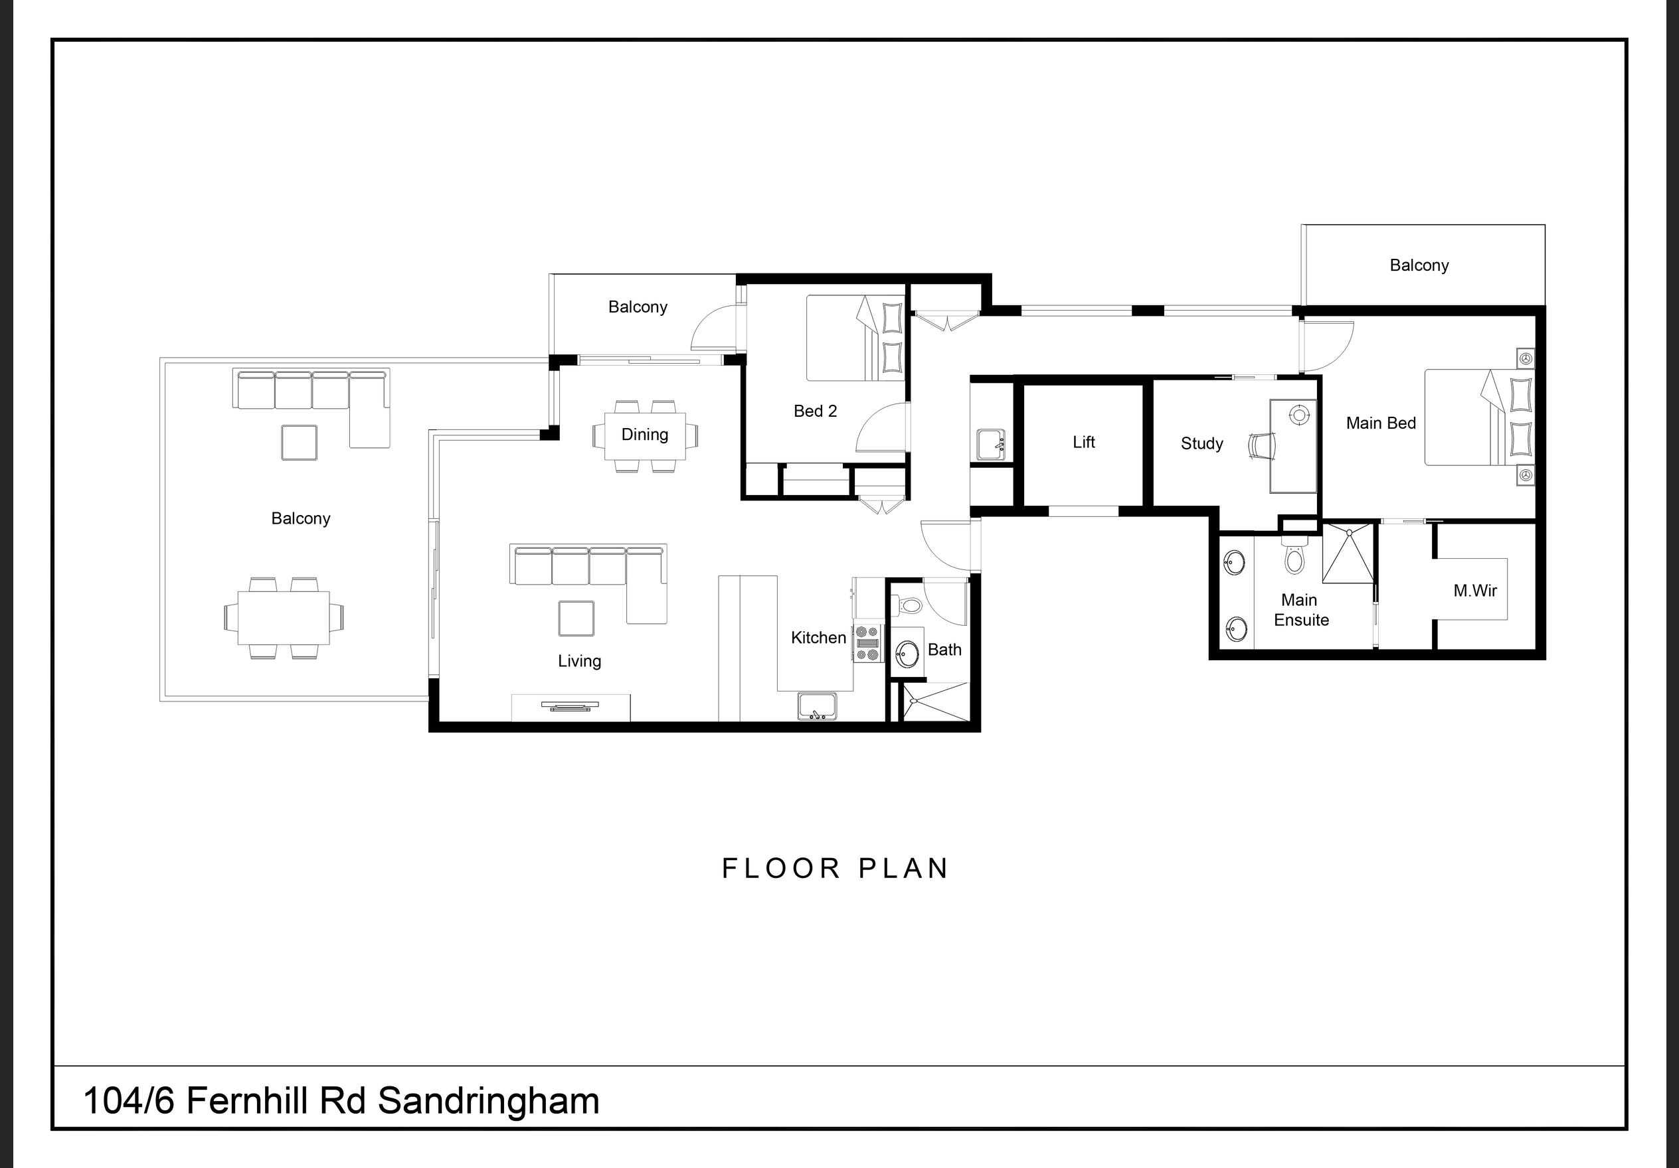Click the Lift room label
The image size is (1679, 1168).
point(1083,441)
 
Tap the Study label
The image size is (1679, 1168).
point(1201,444)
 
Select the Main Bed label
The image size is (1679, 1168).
point(1381,423)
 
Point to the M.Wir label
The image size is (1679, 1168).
point(1475,591)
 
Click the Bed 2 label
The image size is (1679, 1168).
point(816,411)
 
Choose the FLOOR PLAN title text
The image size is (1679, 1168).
point(835,868)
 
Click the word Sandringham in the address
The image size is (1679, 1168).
point(488,1102)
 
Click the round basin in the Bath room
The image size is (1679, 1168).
point(907,654)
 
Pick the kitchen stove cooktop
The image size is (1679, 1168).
point(868,643)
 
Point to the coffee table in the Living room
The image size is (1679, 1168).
point(576,619)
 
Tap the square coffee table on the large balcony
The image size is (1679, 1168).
point(299,442)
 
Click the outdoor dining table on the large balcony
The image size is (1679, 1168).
point(283,618)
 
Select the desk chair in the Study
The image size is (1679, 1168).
point(1261,445)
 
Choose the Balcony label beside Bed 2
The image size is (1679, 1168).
point(638,307)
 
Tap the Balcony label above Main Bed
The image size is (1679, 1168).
point(1419,265)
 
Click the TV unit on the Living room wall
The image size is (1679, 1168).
point(571,707)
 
